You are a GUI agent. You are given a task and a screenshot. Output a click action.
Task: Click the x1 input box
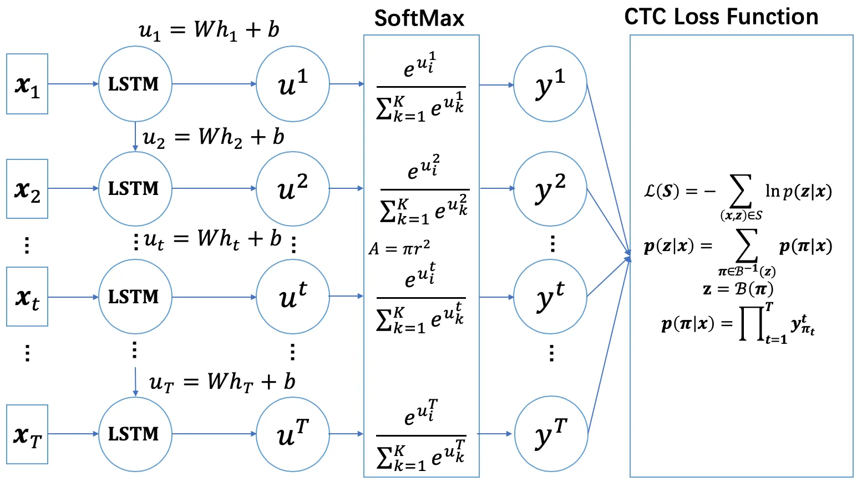coord(27,84)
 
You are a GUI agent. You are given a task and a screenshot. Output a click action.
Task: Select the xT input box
coord(27,434)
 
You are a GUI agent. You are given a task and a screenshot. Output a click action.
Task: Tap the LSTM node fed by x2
coord(135,189)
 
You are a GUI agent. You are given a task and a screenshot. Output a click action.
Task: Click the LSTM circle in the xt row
coord(135,297)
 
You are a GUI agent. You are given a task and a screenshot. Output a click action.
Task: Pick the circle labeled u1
coord(292,84)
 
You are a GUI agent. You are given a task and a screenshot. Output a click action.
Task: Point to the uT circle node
coord(292,434)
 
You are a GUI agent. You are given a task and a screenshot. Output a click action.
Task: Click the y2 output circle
coord(550,189)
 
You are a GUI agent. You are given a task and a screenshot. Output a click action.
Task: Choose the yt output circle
coord(550,297)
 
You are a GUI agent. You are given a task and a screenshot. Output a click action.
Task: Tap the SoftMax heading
coord(419,18)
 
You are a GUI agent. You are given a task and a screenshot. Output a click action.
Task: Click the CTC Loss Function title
coord(721,17)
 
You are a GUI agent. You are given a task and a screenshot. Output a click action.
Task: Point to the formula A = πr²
coord(399,248)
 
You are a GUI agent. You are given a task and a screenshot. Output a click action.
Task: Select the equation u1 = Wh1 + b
coord(209,30)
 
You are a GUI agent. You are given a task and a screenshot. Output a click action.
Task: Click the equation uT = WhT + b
coord(222,382)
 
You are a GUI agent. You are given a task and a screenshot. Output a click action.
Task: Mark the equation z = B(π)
coord(738,289)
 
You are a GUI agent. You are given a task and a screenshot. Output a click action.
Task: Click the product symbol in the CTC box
coord(752,323)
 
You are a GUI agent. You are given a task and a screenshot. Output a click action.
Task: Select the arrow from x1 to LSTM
coord(73,84)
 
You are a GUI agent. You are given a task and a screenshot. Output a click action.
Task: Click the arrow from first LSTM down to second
coord(135,136)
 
